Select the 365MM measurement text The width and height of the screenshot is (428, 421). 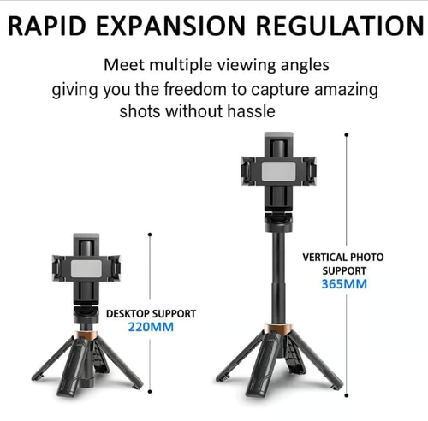pyautogui.click(x=343, y=283)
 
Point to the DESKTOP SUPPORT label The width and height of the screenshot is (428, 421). pyautogui.click(x=151, y=314)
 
